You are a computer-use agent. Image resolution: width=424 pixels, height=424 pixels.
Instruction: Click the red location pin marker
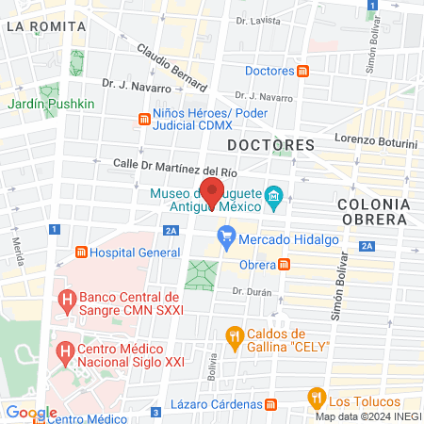click(212, 190)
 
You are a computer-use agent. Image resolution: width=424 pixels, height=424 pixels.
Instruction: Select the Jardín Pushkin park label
click(53, 103)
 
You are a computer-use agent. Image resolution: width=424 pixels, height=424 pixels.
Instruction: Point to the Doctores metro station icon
click(303, 71)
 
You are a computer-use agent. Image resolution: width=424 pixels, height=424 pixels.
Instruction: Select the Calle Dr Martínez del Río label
click(174, 165)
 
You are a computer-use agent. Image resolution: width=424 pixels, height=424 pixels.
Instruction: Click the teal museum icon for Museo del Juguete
click(274, 196)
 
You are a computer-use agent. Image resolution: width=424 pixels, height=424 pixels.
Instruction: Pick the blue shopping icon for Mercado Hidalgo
click(226, 236)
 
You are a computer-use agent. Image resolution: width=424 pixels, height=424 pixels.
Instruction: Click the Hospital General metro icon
click(82, 253)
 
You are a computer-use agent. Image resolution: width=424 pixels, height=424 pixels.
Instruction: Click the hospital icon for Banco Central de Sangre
click(66, 302)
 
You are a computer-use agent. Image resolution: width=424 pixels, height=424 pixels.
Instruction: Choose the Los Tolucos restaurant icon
click(318, 398)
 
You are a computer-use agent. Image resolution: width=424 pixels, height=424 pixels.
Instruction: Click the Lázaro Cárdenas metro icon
click(271, 405)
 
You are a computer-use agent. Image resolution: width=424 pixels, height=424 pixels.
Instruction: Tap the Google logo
click(31, 413)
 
